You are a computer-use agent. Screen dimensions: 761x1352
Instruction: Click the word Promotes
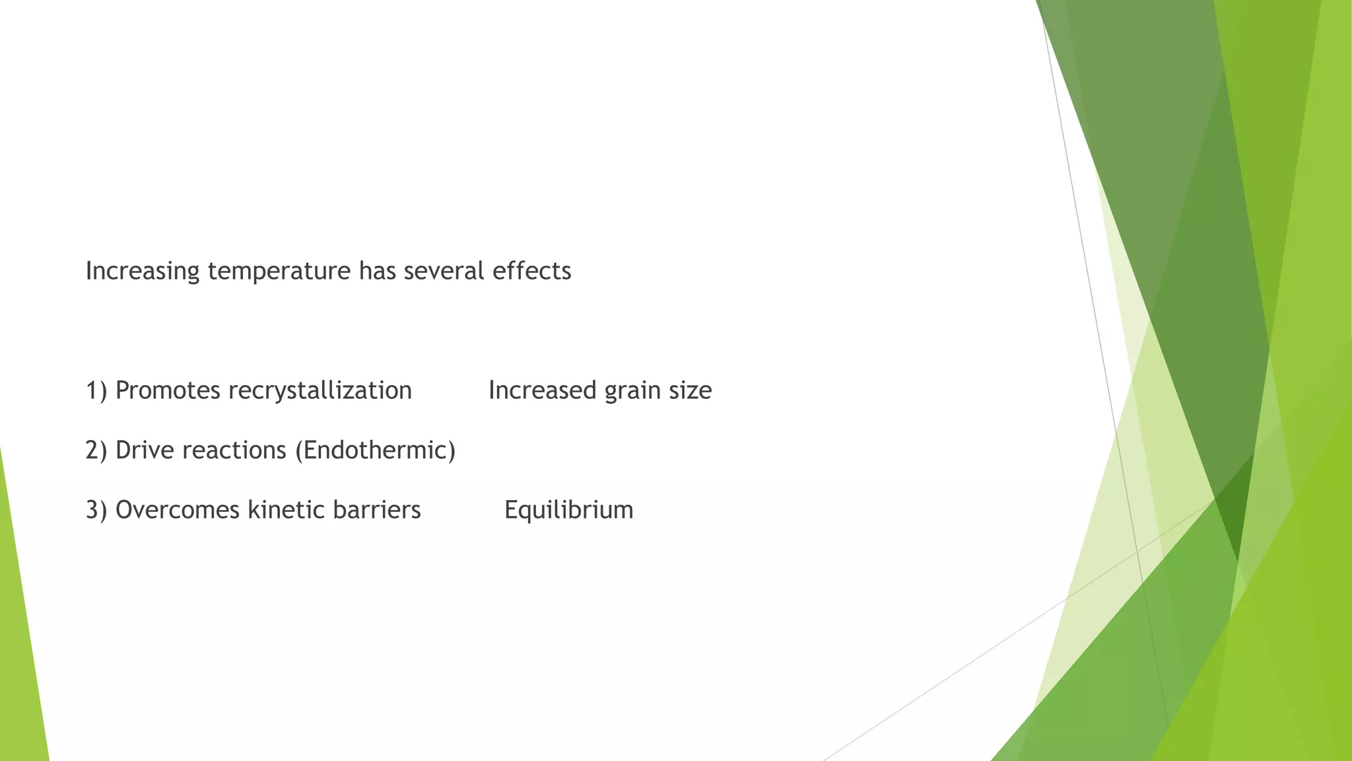(x=168, y=390)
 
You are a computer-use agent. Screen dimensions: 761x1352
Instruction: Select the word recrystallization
(x=320, y=390)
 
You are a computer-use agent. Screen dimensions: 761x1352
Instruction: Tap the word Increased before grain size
(x=542, y=390)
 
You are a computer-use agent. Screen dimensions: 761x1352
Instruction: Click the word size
(x=691, y=390)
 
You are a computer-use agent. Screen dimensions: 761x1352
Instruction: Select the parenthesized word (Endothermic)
(x=375, y=451)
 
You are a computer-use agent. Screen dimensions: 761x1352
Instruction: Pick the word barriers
(x=377, y=510)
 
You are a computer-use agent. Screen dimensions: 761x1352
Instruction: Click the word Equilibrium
(x=568, y=510)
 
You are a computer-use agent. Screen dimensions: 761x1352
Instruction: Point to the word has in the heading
(x=377, y=272)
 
